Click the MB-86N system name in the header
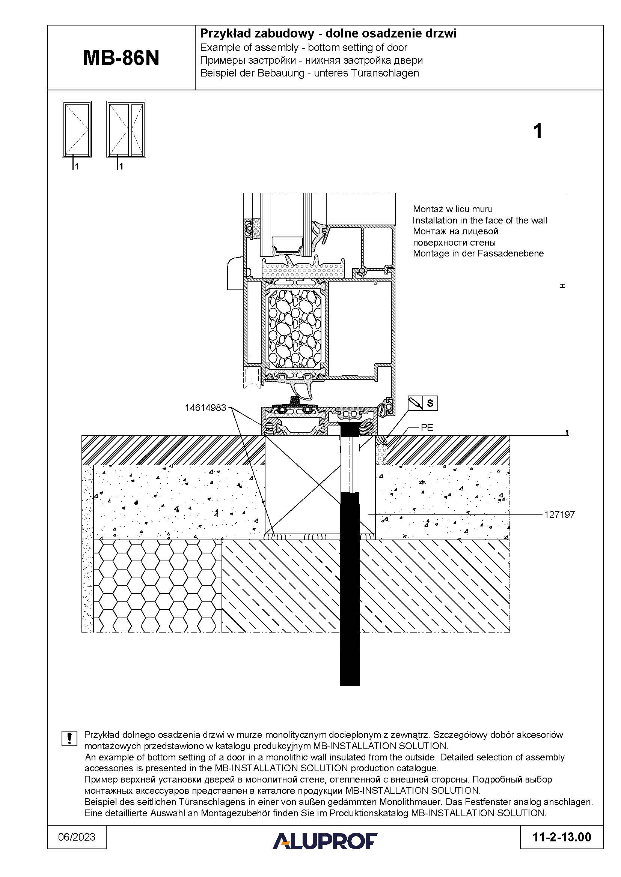[121, 58]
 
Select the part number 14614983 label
[205, 408]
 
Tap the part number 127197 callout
[559, 514]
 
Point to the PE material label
[427, 428]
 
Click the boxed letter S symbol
[430, 403]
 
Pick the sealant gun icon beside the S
[416, 403]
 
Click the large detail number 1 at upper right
[537, 131]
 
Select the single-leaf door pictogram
[77, 129]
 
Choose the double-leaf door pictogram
[126, 129]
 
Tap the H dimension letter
[562, 286]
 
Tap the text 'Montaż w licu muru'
[453, 209]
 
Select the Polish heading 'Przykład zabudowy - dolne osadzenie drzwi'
[329, 34]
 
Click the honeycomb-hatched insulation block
[158, 586]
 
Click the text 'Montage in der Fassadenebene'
[478, 253]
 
